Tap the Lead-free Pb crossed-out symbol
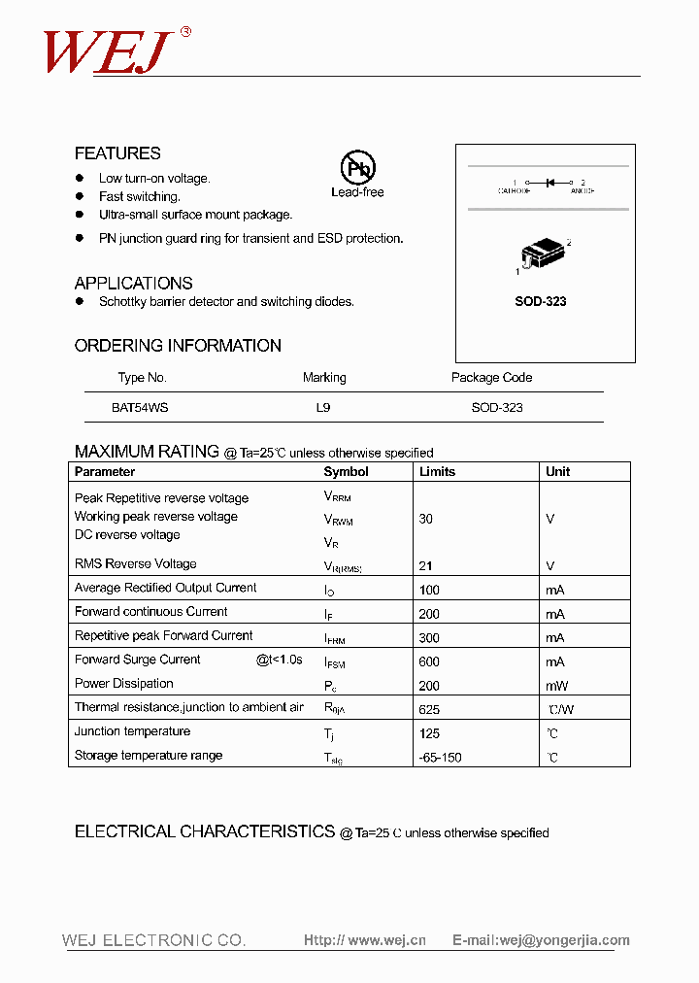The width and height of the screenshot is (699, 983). coord(357,167)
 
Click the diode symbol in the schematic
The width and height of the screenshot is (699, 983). coord(549,182)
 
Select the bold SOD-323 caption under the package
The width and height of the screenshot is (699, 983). coord(540,301)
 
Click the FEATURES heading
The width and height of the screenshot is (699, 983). coord(117,153)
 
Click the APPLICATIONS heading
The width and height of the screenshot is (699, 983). coord(133,284)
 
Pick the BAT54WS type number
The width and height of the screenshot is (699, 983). coord(140,408)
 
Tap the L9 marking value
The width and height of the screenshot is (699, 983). coord(323,408)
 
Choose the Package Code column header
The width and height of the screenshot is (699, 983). coord(491,378)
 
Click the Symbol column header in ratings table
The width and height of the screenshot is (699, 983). coord(346,472)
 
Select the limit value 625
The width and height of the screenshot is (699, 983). coord(429,710)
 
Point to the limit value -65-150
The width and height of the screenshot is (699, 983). coord(440,758)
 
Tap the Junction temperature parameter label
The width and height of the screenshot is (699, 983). coord(132,731)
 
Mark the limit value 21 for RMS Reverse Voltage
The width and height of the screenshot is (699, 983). coord(425,565)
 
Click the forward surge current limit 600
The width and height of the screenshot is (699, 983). coord(429,661)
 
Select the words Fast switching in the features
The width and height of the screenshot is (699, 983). coord(139,197)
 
